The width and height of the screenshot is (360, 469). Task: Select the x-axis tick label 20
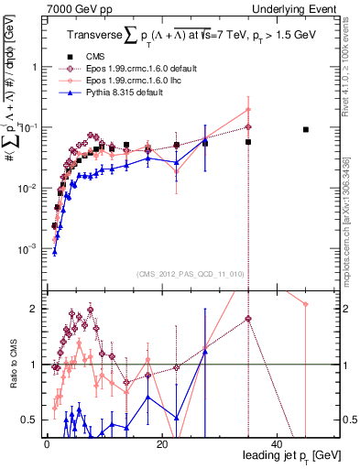click(x=161, y=444)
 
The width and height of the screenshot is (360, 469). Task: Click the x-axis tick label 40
click(x=277, y=444)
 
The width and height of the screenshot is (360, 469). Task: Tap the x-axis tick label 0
click(x=46, y=444)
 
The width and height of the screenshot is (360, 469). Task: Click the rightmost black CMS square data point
click(x=306, y=130)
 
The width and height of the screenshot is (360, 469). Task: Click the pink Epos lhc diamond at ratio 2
click(x=306, y=304)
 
